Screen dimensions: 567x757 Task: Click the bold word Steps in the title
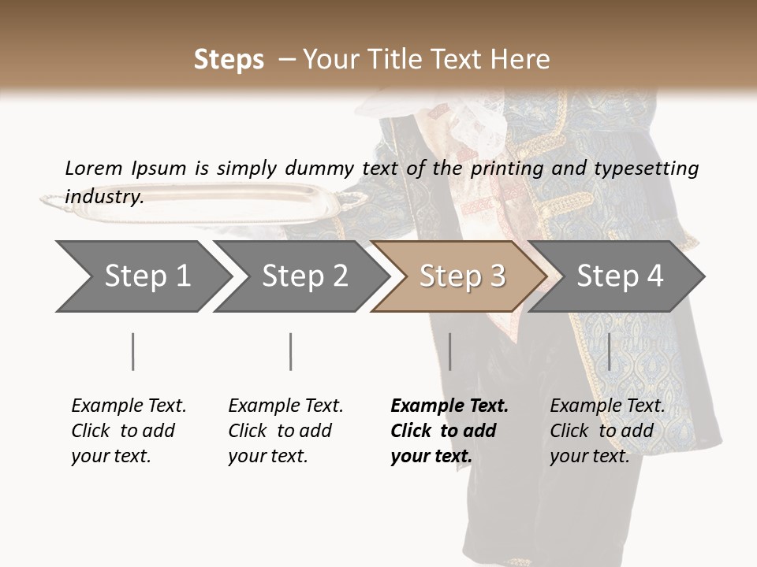pos(229,60)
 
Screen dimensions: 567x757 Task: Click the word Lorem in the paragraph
pos(93,168)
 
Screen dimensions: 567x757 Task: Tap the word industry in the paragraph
pos(103,196)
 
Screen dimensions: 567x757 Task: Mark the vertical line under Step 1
pos(133,351)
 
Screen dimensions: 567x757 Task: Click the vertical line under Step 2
pos(291,351)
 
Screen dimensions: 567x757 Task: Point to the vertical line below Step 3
pos(449,351)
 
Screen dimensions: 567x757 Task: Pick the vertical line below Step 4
pos(609,351)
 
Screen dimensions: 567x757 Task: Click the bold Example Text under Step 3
pos(449,406)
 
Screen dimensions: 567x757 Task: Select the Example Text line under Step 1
pos(129,406)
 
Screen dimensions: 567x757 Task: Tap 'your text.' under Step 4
pos(589,456)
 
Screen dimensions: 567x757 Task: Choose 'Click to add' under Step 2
pos(280,431)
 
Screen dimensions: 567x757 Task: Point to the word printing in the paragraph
pos(506,169)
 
